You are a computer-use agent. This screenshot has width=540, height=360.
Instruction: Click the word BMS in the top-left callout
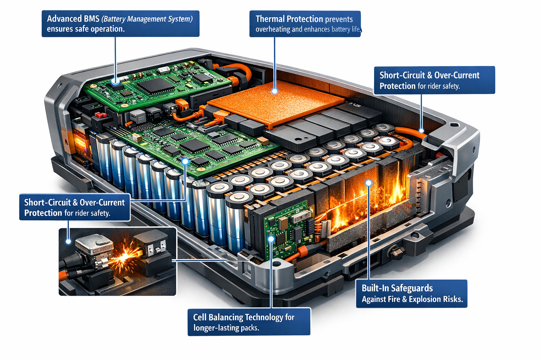91,19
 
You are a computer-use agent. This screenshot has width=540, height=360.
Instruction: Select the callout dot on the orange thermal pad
275,91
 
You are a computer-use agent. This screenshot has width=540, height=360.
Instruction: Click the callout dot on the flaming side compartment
368,183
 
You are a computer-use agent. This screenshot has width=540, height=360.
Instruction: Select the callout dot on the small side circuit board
271,239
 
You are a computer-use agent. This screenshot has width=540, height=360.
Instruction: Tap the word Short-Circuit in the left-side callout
47,202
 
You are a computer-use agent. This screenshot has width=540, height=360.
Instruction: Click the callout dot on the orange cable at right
422,130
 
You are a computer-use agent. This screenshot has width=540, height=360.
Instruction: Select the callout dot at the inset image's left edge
69,241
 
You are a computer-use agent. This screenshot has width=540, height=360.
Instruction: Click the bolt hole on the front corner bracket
276,263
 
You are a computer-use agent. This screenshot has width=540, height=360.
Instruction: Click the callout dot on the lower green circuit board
185,161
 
